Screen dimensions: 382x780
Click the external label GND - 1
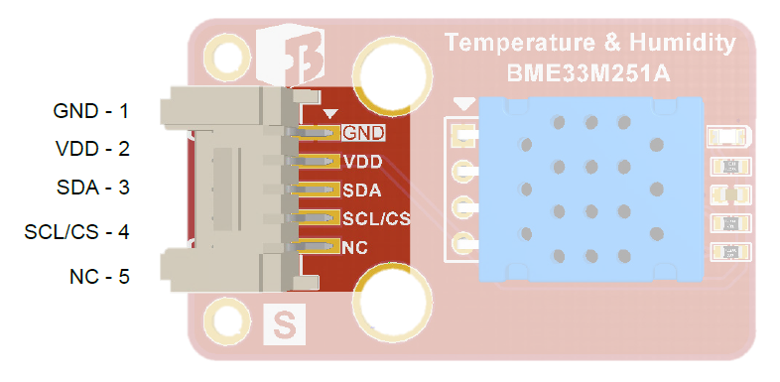(x=91, y=111)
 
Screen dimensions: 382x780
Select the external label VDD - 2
(x=93, y=150)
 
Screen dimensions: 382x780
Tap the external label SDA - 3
(x=93, y=188)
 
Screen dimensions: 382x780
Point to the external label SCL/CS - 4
(x=77, y=232)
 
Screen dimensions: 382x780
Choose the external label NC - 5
(x=100, y=276)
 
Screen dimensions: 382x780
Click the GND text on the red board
(x=362, y=131)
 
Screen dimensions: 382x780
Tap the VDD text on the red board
(x=362, y=161)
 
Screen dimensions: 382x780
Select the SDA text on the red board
(x=362, y=190)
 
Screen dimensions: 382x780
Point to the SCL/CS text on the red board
(x=376, y=218)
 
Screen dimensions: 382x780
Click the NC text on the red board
(x=355, y=247)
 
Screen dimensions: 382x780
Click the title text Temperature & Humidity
(x=589, y=44)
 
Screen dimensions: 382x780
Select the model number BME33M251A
(x=589, y=72)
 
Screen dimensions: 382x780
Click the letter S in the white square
(x=284, y=325)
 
